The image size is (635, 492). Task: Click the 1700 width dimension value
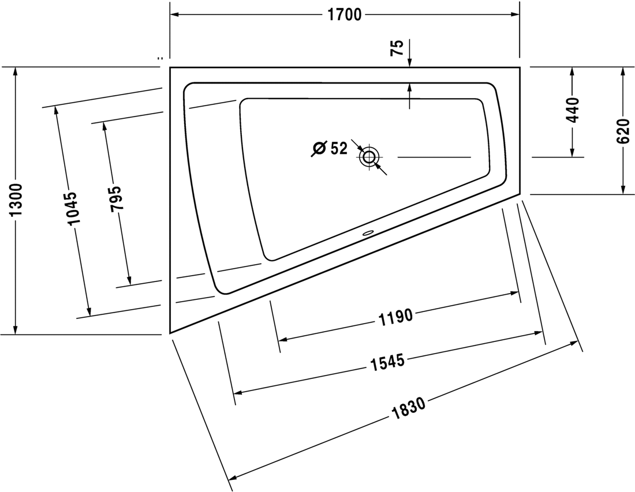[344, 14]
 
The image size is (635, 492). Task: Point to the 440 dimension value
[573, 110]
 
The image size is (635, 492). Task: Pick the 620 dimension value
[623, 131]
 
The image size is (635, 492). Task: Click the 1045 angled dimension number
[72, 208]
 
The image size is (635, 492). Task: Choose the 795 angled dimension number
[116, 198]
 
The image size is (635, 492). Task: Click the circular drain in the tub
[369, 156]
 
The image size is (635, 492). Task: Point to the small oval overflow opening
[368, 232]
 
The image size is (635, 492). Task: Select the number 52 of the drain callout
[339, 148]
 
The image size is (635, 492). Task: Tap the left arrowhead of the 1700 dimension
[174, 14]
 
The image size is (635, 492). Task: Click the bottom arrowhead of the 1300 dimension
[16, 330]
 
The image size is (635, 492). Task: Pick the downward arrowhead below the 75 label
[409, 62]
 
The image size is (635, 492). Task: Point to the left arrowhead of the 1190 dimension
[284, 339]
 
